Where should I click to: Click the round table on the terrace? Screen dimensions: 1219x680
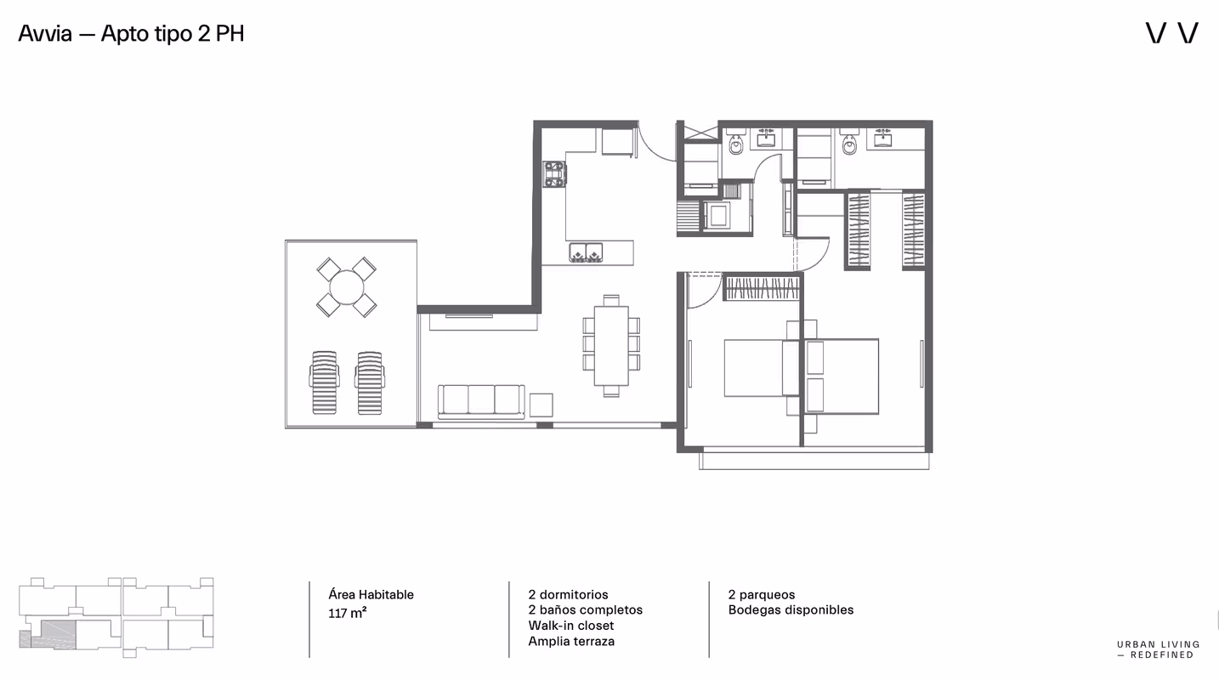pyautogui.click(x=347, y=287)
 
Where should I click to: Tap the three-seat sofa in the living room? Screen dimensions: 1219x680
pyautogui.click(x=482, y=401)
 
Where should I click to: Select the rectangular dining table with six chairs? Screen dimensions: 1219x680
pyautogui.click(x=611, y=346)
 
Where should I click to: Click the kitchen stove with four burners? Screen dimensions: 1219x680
pyautogui.click(x=554, y=174)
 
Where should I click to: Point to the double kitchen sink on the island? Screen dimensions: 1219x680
pyautogui.click(x=586, y=253)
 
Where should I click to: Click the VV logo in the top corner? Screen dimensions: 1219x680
pyautogui.click(x=1172, y=33)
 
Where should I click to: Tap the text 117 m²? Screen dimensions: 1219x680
pyautogui.click(x=347, y=613)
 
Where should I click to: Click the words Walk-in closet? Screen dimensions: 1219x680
pyautogui.click(x=571, y=626)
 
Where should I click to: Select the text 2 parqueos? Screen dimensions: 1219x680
pyautogui.click(x=762, y=595)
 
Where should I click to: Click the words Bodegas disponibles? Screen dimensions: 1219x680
pyautogui.click(x=791, y=609)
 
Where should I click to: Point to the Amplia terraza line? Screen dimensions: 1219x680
pyautogui.click(x=571, y=641)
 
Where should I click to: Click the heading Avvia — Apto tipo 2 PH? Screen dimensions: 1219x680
pyautogui.click(x=131, y=34)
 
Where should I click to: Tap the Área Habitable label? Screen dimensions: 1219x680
pyautogui.click(x=371, y=595)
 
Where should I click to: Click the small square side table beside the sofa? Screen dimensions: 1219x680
pyautogui.click(x=541, y=405)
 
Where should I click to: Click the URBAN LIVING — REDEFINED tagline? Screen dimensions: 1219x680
pyautogui.click(x=1158, y=649)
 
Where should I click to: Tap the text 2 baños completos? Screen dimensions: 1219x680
pyautogui.click(x=585, y=609)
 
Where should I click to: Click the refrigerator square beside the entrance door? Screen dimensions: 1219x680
pyautogui.click(x=618, y=141)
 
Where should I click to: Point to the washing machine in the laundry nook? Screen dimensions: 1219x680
pyautogui.click(x=718, y=215)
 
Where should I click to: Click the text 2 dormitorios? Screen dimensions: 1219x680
pyautogui.click(x=568, y=595)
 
